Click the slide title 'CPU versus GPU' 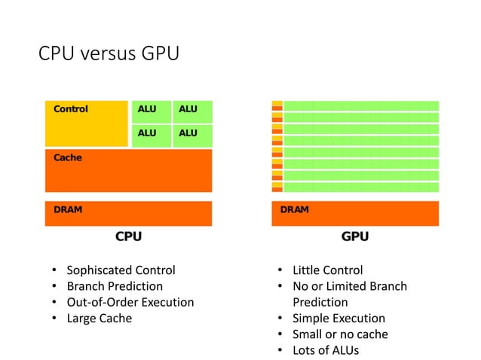click(109, 55)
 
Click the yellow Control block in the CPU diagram click(86, 124)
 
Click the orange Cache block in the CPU click(128, 170)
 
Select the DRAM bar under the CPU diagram click(128, 213)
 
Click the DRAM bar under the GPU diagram click(355, 213)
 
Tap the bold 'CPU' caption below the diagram click(128, 236)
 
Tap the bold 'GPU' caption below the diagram click(355, 236)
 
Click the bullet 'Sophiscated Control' click(121, 270)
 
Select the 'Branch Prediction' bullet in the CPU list click(114, 286)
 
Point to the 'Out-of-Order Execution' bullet click(130, 302)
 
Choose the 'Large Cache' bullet click(99, 318)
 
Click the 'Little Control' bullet click(327, 270)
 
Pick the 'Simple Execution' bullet click(339, 318)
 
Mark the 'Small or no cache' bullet click(340, 334)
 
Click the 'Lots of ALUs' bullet click(325, 350)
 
